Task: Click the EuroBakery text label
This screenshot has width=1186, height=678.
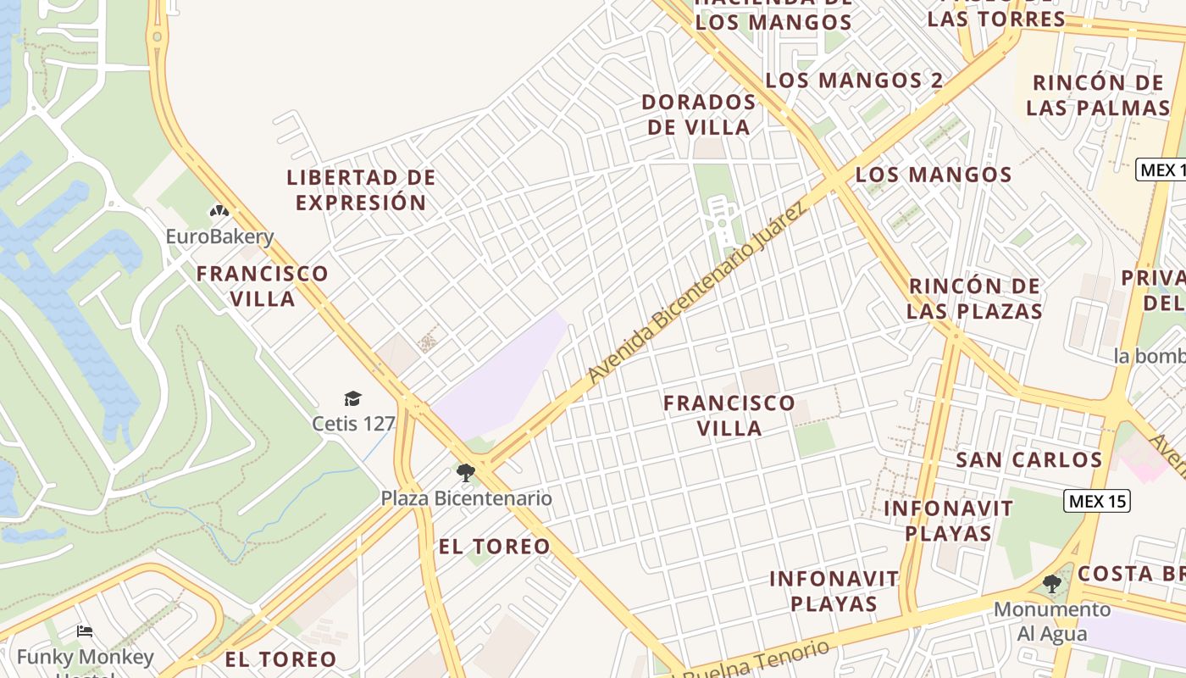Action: click(x=219, y=236)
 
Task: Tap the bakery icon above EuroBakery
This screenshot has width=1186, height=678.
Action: click(x=219, y=211)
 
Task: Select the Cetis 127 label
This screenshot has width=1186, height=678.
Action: click(x=353, y=423)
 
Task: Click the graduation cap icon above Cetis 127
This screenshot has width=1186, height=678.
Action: click(x=352, y=398)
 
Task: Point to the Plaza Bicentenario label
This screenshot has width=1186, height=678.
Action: click(x=466, y=498)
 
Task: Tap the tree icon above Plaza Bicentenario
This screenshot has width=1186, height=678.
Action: click(x=465, y=473)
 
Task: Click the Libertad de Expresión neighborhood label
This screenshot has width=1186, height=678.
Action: click(x=361, y=190)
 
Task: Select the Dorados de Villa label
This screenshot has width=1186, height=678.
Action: click(x=698, y=114)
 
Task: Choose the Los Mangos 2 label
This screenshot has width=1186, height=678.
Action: click(x=854, y=81)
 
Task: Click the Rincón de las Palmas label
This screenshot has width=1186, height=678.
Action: click(x=1098, y=95)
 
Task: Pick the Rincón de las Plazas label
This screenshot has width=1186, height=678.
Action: click(x=974, y=298)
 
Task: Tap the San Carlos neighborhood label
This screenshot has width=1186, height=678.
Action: click(x=1028, y=460)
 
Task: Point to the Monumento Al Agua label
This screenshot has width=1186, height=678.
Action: click(x=1051, y=621)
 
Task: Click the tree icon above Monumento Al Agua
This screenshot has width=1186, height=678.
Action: click(x=1051, y=584)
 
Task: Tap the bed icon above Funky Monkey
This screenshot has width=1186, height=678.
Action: click(x=85, y=631)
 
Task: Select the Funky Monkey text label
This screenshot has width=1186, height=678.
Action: click(x=85, y=657)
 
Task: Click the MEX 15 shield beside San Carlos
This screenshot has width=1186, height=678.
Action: click(x=1097, y=501)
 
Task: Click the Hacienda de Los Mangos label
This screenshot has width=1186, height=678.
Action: click(x=773, y=12)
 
